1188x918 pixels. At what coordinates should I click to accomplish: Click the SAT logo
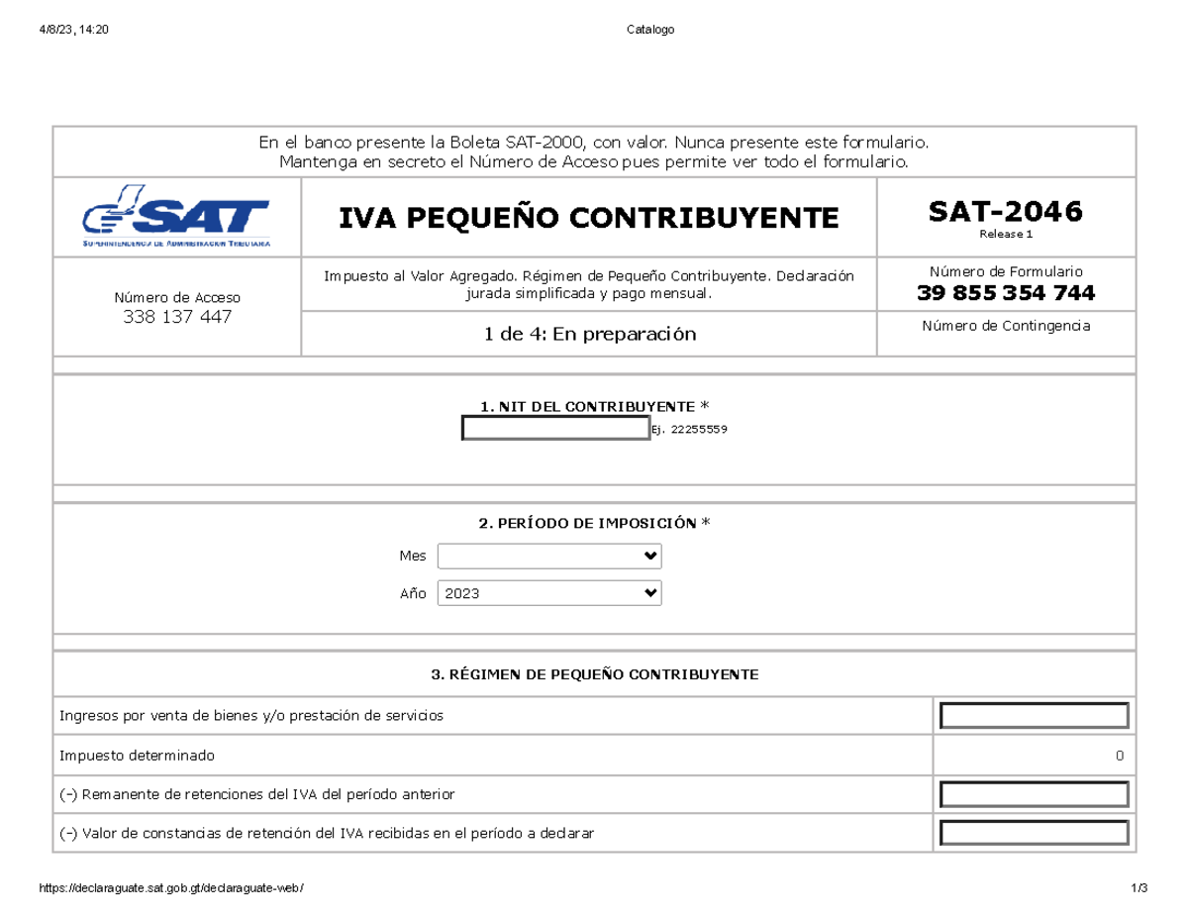[x=176, y=216]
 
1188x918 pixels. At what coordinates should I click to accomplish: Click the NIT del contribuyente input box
[x=554, y=429]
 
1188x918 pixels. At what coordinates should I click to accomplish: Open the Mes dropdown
[x=549, y=557]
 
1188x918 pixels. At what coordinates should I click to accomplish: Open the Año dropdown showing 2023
[x=549, y=593]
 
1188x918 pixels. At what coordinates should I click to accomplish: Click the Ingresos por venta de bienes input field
[x=1035, y=715]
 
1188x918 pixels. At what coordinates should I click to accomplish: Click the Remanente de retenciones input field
[x=1035, y=794]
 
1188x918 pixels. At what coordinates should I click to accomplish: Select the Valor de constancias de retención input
[x=1035, y=834]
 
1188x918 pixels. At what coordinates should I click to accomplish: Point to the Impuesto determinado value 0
[x=1119, y=756]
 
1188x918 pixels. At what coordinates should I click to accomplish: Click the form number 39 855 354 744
[x=1005, y=293]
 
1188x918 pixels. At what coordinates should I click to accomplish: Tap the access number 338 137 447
[x=176, y=317]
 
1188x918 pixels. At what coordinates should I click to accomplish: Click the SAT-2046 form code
[x=1005, y=210]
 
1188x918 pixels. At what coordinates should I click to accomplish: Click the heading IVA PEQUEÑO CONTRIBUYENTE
[x=588, y=217]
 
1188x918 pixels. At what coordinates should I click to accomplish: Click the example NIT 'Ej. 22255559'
[x=690, y=430]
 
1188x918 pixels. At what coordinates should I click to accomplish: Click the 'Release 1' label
[x=1005, y=235]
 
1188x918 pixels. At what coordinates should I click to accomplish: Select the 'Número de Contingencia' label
[x=1005, y=326]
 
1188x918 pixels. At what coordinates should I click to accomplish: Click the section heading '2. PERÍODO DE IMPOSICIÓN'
[x=594, y=524]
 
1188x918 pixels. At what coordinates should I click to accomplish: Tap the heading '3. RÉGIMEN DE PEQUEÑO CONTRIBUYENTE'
[x=594, y=674]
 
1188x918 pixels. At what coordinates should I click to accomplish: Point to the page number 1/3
[x=1138, y=888]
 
